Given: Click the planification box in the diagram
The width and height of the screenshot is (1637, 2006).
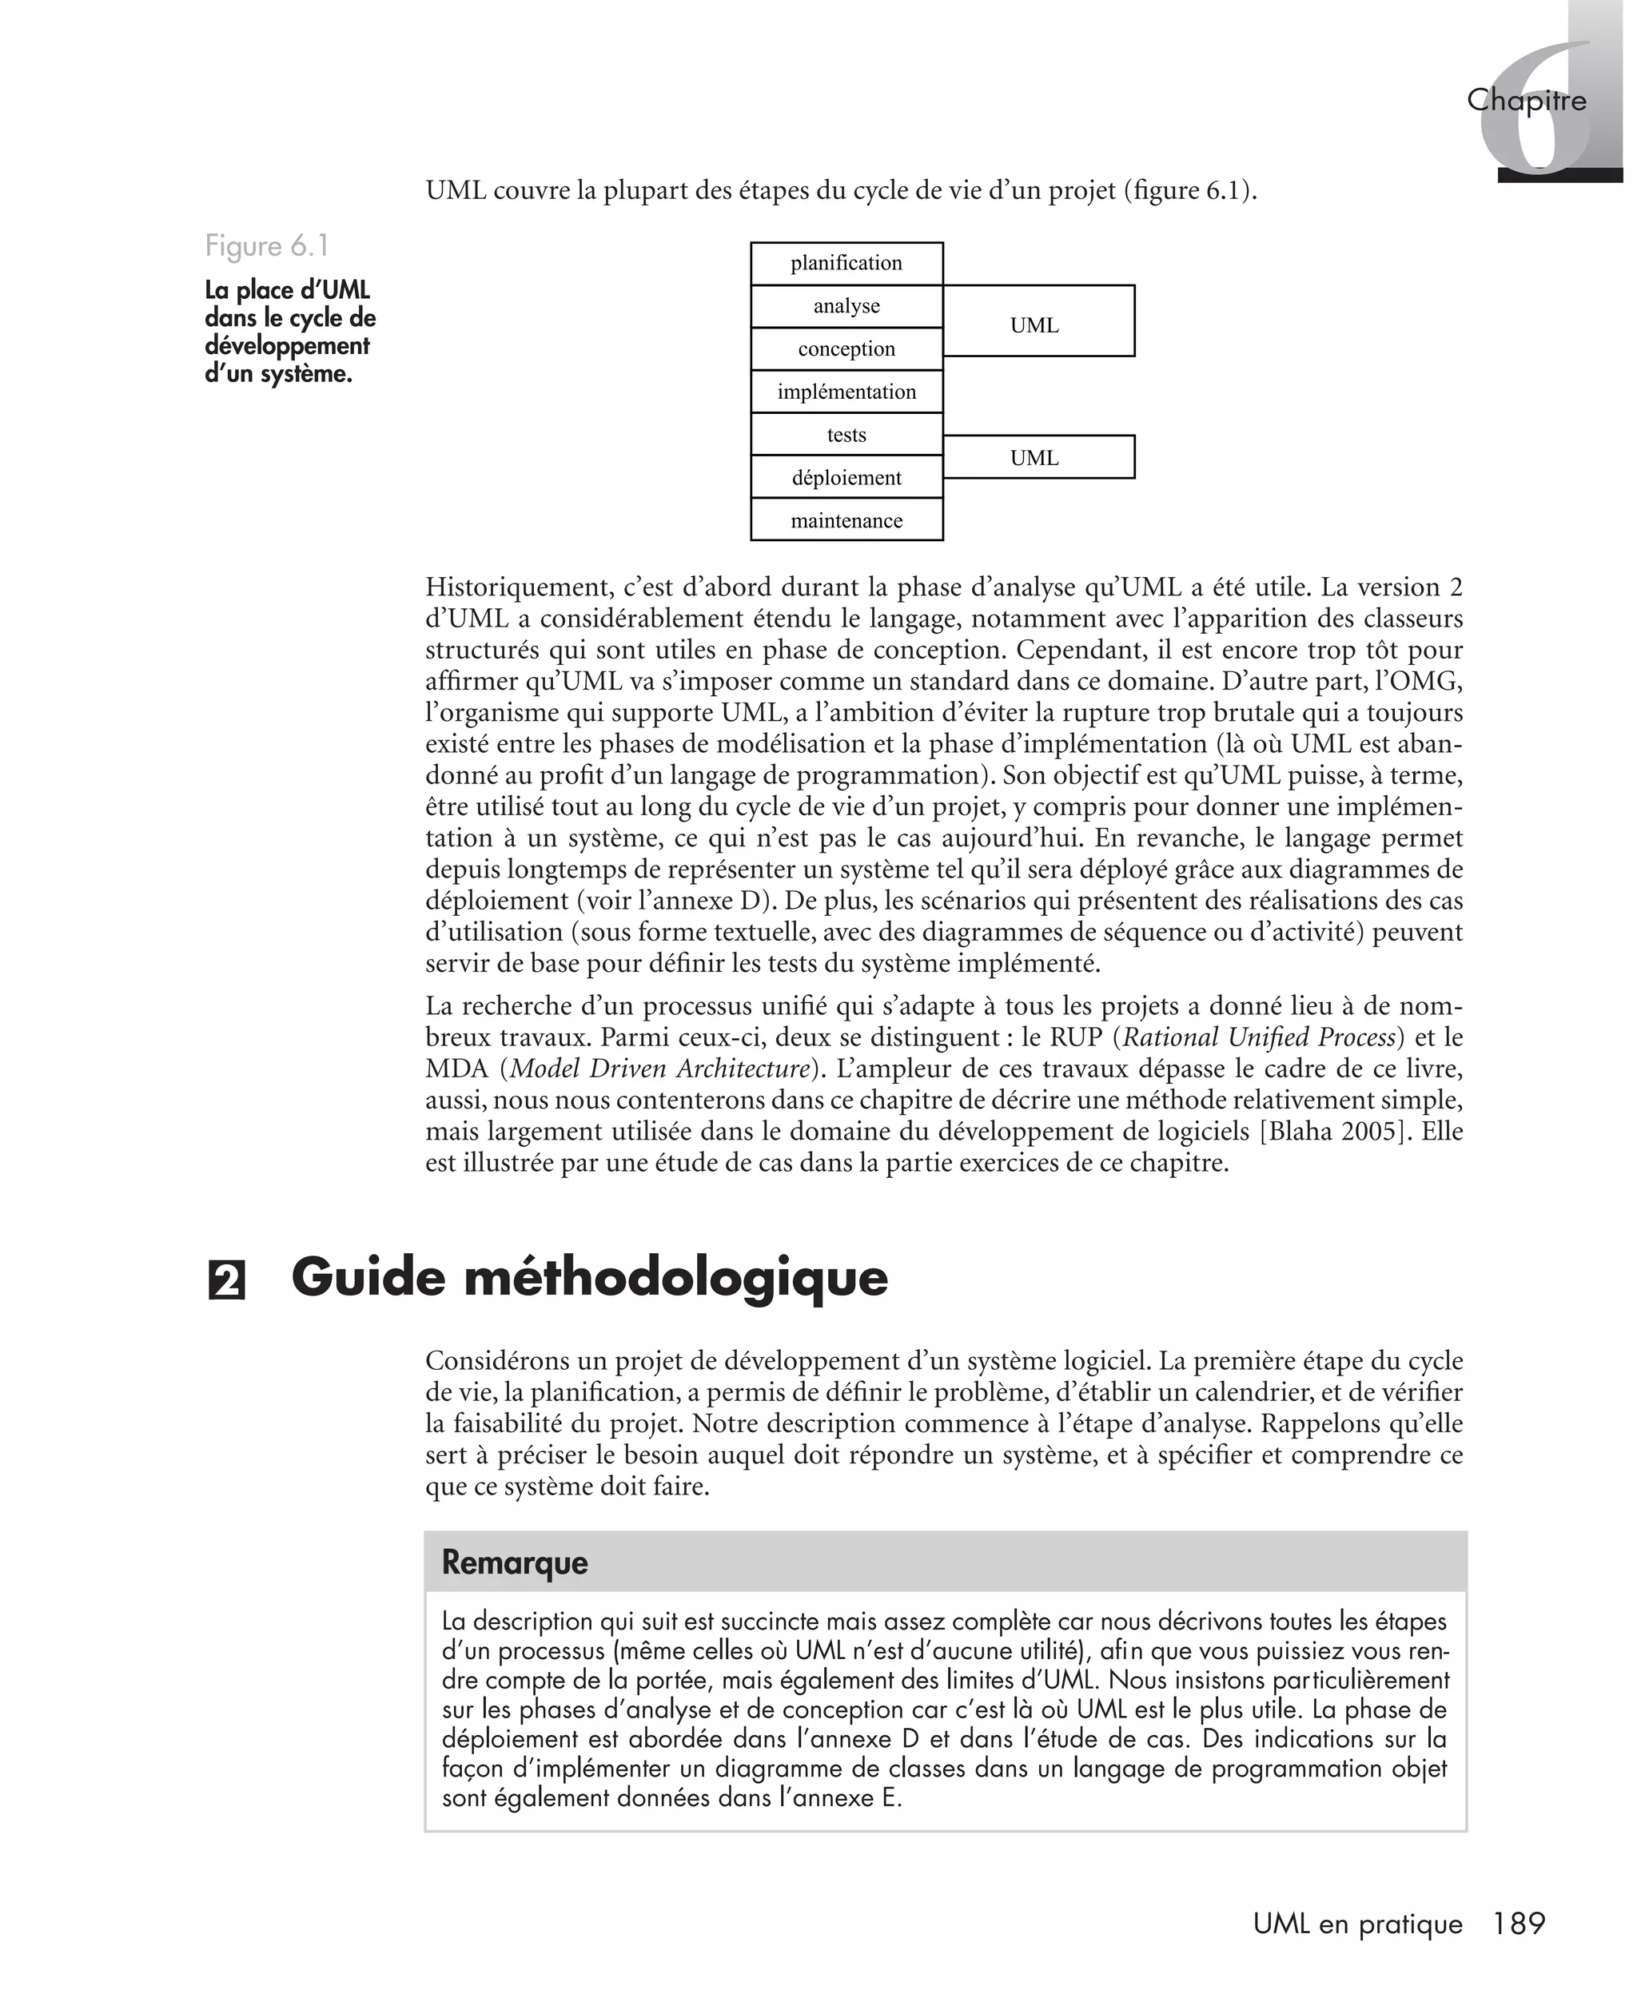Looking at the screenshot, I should point(846,263).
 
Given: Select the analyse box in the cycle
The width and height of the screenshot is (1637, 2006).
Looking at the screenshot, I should point(846,306).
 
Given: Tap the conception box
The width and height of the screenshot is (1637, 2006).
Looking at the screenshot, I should point(846,348).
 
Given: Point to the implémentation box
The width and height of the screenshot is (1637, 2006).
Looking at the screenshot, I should point(846,392).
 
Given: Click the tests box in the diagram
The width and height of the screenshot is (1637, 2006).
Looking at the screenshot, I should point(846,435).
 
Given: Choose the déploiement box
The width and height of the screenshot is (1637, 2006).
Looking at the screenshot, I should point(846,478).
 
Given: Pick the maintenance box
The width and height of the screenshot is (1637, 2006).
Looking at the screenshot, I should point(846,520).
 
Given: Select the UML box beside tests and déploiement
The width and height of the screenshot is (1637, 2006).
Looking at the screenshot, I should point(1038,457).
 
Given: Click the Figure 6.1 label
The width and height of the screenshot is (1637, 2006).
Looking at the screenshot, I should point(267,246).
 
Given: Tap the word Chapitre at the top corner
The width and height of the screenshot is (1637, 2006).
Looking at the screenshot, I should point(1526,100).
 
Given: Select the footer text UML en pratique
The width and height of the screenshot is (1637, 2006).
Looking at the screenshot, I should point(1357,1924).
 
